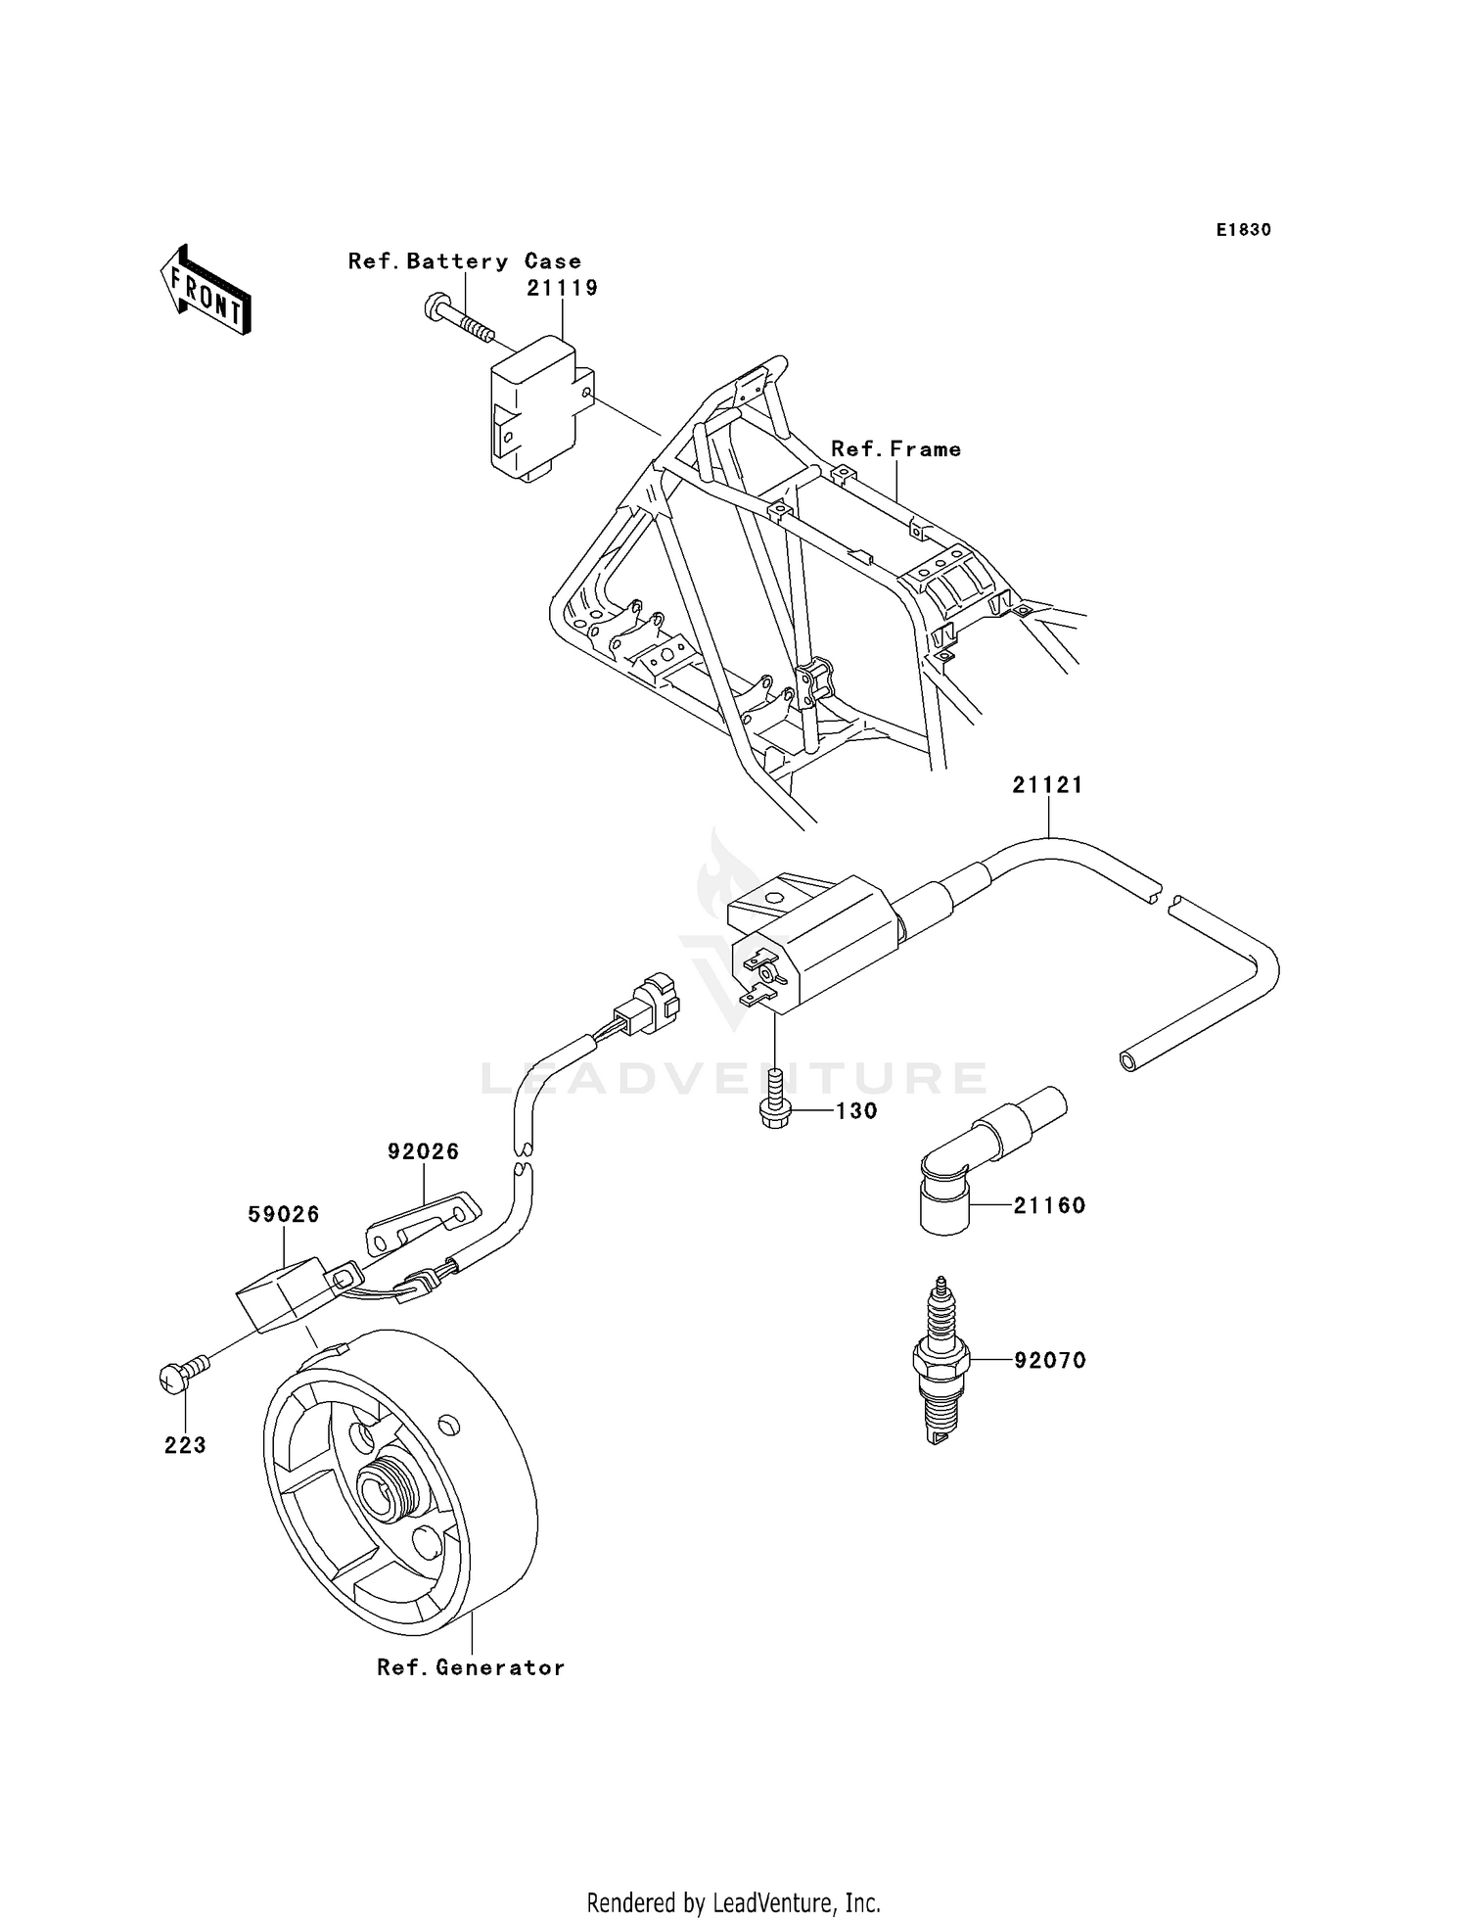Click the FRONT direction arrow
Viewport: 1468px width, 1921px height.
click(x=205, y=292)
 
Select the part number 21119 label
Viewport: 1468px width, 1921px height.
click(x=562, y=288)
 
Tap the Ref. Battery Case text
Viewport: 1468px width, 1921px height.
click(x=465, y=261)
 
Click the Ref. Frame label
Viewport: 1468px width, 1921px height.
click(x=895, y=449)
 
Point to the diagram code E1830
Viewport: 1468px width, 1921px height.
click(x=1243, y=230)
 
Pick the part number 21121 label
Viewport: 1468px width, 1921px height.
click(x=1047, y=785)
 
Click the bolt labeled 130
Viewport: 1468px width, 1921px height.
click(x=774, y=1103)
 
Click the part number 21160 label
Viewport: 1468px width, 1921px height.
click(x=1049, y=1205)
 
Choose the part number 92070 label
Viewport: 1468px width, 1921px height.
click(x=1050, y=1360)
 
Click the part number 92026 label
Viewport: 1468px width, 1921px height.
click(x=423, y=1151)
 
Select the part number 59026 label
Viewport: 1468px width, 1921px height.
click(x=284, y=1214)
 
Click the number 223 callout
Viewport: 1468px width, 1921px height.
click(x=185, y=1445)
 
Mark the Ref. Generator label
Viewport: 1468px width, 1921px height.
click(x=471, y=1667)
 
